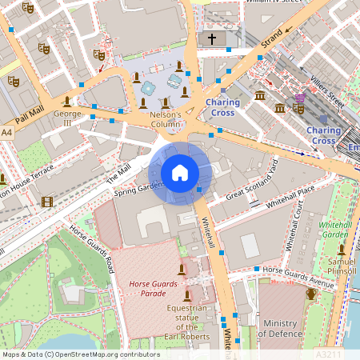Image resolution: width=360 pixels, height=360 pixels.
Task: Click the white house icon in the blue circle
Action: (x=180, y=172)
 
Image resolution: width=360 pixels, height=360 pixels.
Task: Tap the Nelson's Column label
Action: (x=166, y=120)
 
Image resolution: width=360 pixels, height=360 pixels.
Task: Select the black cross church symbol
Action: (x=212, y=38)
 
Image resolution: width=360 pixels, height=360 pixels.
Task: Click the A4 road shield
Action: (x=7, y=131)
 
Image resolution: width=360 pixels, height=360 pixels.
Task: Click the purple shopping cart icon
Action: (x=299, y=98)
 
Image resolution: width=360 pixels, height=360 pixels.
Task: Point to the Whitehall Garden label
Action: (x=336, y=230)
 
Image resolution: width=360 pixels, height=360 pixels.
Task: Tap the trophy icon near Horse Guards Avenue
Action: (x=310, y=294)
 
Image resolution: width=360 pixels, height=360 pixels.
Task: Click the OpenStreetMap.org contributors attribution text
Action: (x=108, y=354)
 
